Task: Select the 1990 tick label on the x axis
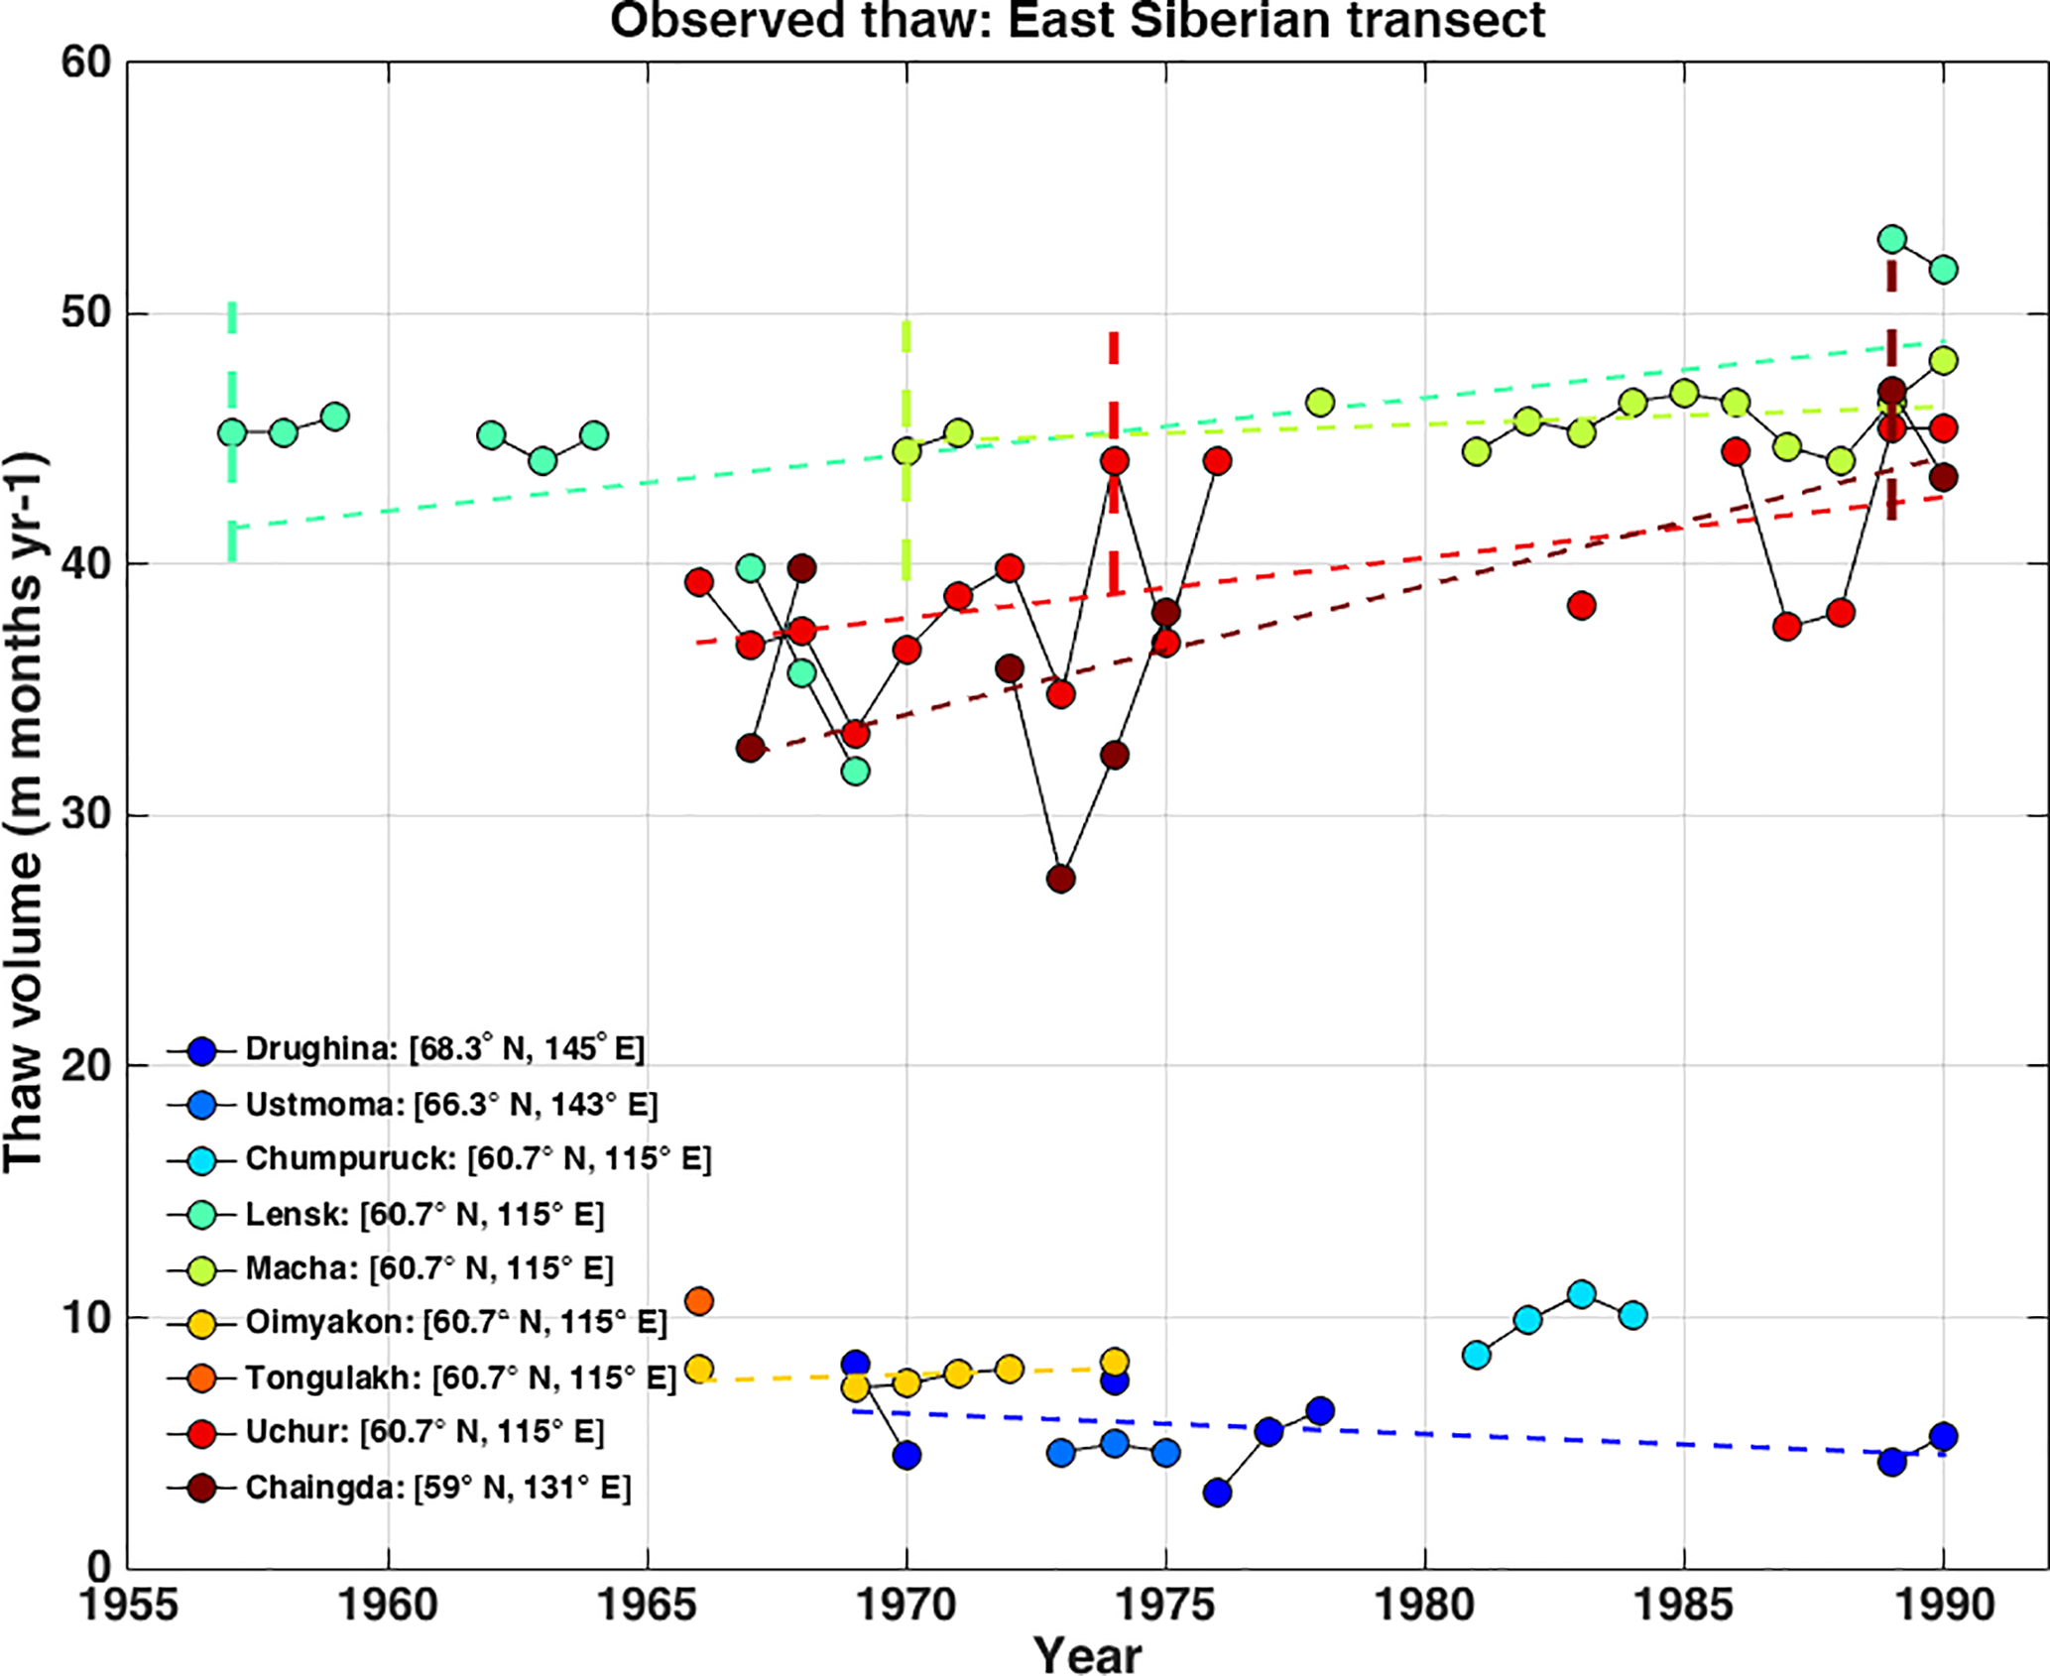point(1943,1603)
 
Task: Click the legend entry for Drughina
point(444,1049)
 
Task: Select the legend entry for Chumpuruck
point(478,1158)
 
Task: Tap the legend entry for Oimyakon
point(455,1322)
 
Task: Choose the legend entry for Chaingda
point(437,1488)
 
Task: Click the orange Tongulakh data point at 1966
point(699,1300)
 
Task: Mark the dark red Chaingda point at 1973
point(1061,879)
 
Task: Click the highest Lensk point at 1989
point(1891,239)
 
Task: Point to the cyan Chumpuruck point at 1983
point(1581,1294)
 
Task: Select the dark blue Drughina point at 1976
point(1217,1492)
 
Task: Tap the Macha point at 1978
point(1320,403)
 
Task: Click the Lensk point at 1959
point(335,417)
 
